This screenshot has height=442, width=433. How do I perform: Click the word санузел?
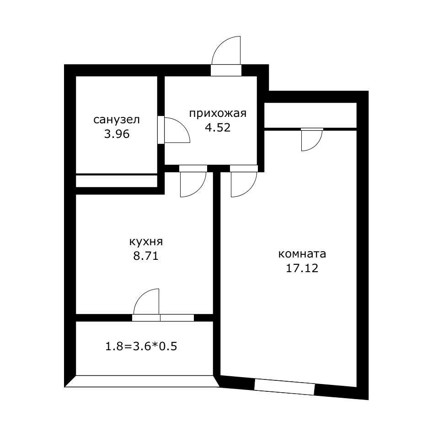coord(117,120)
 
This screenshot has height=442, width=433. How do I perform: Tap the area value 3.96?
coord(117,134)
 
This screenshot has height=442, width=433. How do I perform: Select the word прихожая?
coord(218,114)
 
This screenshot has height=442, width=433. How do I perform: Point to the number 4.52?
coord(218,127)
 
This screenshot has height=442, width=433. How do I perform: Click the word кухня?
coord(145,242)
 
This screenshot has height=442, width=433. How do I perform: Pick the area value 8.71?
coord(145,256)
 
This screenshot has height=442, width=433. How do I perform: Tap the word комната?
coord(302,254)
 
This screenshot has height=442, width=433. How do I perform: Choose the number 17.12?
coord(302,268)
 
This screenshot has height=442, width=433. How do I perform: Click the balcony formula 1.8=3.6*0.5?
coord(141,346)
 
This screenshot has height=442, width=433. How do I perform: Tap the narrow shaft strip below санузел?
coord(117,181)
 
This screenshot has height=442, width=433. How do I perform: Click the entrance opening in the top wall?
coord(226,70)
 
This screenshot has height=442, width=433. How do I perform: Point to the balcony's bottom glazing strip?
coord(141,381)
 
